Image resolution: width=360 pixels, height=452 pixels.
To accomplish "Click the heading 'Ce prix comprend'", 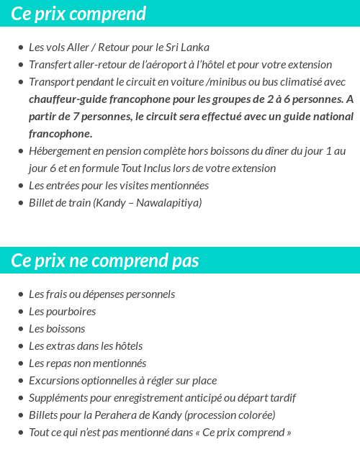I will pyautogui.click(x=78, y=14).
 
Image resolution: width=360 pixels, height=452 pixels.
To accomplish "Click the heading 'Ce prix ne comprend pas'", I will pyautogui.click(x=105, y=261).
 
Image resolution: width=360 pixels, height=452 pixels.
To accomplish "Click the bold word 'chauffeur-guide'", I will pyautogui.click(x=70, y=99).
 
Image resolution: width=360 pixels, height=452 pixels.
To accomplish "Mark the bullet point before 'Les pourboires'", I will pyautogui.click(x=21, y=312).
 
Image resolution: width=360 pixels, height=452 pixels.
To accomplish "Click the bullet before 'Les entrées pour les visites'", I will pyautogui.click(x=21, y=186).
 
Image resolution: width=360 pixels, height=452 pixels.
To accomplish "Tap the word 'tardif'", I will pyautogui.click(x=281, y=398).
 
